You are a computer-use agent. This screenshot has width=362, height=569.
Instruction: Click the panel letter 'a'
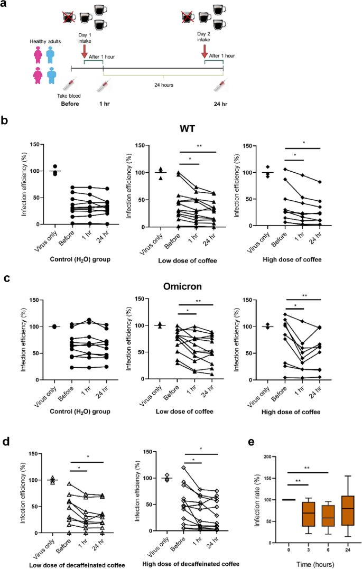[x=4, y=6]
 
